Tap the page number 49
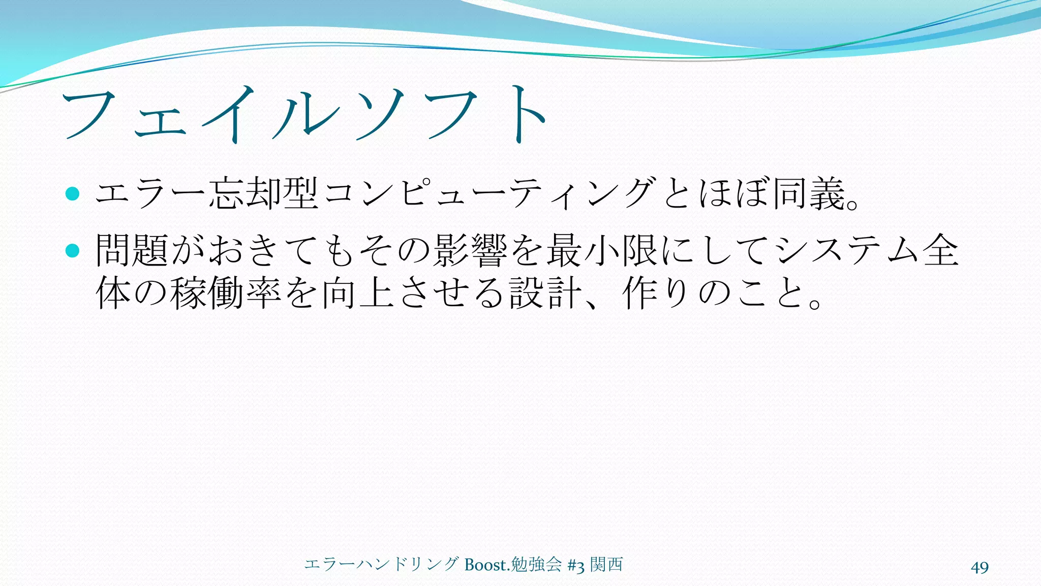point(979,567)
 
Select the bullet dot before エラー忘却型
point(73,194)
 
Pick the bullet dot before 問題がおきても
point(73,250)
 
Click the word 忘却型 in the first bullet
point(264,194)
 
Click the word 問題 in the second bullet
point(132,250)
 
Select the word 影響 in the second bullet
point(470,250)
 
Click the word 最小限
point(602,250)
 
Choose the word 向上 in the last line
point(358,293)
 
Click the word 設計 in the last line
point(546,293)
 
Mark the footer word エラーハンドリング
point(381,565)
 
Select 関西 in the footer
point(606,565)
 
